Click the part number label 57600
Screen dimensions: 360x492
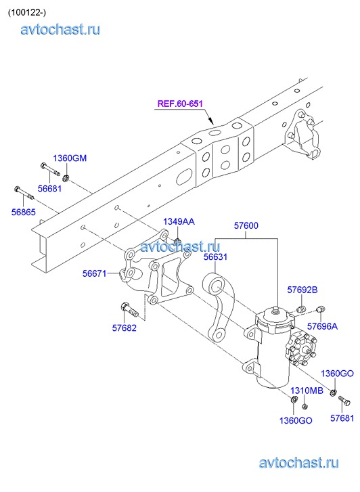246,225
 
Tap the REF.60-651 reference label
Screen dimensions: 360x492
180,104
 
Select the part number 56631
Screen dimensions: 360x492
215,256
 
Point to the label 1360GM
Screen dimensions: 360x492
70,158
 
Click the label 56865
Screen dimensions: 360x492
24,212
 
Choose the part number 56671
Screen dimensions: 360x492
95,273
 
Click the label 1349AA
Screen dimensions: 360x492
179,221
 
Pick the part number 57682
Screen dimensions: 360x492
125,328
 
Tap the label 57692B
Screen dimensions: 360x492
302,290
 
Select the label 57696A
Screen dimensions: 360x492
322,326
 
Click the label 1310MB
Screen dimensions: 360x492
307,390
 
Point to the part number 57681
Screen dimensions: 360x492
342,418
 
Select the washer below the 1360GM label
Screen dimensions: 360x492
66,178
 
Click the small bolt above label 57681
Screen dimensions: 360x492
344,401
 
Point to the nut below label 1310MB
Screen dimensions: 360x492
304,407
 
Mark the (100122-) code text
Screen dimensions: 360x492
27,12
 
